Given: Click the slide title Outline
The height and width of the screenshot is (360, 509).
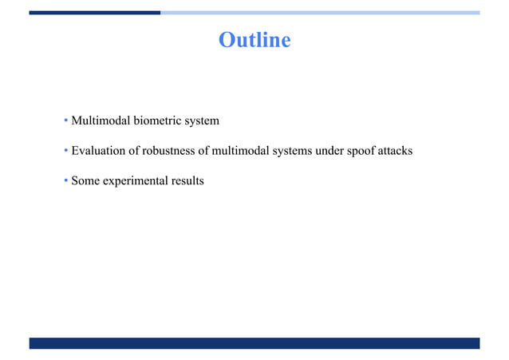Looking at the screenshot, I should [254, 39].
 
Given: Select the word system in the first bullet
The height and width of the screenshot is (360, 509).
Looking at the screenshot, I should [203, 121].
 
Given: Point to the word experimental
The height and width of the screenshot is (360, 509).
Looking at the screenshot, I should [134, 181].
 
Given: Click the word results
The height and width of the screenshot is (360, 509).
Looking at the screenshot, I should [186, 181].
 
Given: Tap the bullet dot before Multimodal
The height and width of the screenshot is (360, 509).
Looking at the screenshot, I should [66, 122].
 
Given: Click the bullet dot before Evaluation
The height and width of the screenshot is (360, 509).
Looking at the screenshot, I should [66, 152].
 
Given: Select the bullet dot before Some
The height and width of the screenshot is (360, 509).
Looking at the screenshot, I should [66, 182].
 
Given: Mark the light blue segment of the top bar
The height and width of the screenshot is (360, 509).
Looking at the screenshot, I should [319, 13].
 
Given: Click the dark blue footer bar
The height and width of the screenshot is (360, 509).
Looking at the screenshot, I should [254, 343].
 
